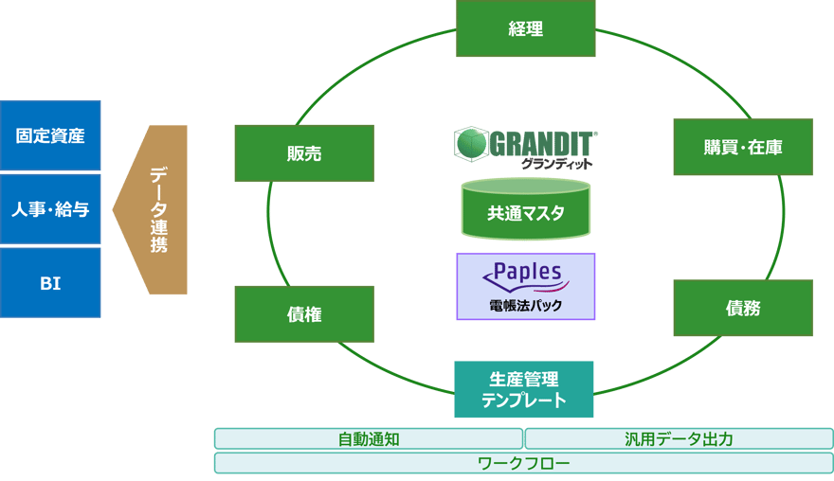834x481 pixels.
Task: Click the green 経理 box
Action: coord(525,28)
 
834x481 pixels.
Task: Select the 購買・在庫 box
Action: coord(743,147)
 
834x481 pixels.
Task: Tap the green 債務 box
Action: coord(743,308)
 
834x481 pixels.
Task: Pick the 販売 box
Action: coord(304,153)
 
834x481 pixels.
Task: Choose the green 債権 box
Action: coord(304,314)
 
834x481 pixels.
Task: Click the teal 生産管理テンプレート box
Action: coord(524,389)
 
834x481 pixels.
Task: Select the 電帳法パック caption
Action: coord(525,305)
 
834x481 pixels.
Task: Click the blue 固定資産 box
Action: coord(50,135)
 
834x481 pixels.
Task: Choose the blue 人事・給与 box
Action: coord(50,209)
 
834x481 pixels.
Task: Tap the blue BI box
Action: coord(50,283)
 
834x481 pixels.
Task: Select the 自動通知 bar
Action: coord(369,439)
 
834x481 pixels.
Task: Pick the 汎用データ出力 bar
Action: coord(679,439)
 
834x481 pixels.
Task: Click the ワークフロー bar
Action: coord(523,463)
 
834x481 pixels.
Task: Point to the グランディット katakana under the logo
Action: coord(556,164)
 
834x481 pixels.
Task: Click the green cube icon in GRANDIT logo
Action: coord(468,144)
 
